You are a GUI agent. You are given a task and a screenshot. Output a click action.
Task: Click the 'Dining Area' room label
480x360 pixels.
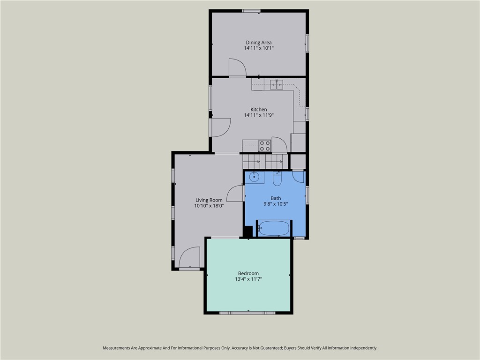(x=258, y=43)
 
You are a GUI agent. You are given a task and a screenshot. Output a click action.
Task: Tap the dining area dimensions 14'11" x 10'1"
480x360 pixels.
(x=258, y=48)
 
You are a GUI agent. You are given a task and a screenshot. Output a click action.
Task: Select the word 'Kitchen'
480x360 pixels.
(x=258, y=110)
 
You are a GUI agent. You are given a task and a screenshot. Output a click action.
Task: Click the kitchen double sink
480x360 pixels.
(x=277, y=85)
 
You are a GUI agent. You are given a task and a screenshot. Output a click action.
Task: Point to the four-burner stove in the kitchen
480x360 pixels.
(x=265, y=146)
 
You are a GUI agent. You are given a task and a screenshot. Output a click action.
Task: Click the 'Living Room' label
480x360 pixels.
(x=209, y=200)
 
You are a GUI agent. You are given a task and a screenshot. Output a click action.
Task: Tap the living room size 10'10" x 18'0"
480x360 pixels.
(x=209, y=206)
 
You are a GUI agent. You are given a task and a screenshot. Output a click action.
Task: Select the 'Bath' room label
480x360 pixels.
(x=276, y=198)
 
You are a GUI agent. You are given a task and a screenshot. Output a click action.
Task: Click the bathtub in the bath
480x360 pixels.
(x=274, y=229)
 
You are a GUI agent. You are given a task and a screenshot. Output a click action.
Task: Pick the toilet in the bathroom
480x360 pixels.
(x=277, y=179)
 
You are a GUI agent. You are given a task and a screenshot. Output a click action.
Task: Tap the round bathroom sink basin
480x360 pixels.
(x=254, y=177)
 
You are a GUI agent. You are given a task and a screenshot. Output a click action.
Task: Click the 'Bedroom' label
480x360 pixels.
(x=248, y=274)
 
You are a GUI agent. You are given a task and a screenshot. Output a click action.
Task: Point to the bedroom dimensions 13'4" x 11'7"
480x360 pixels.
(x=248, y=279)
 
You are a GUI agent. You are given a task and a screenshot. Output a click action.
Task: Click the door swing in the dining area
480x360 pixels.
(x=237, y=68)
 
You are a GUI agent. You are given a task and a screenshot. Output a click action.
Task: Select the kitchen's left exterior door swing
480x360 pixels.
(x=220, y=127)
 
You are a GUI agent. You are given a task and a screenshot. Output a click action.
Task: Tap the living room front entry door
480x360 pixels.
(x=190, y=258)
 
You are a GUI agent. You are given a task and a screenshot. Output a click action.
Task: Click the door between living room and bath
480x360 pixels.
(x=235, y=193)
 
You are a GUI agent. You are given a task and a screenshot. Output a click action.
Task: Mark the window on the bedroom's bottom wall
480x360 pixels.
(x=247, y=313)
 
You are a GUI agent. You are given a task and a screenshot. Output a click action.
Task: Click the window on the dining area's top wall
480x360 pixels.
(x=251, y=11)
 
